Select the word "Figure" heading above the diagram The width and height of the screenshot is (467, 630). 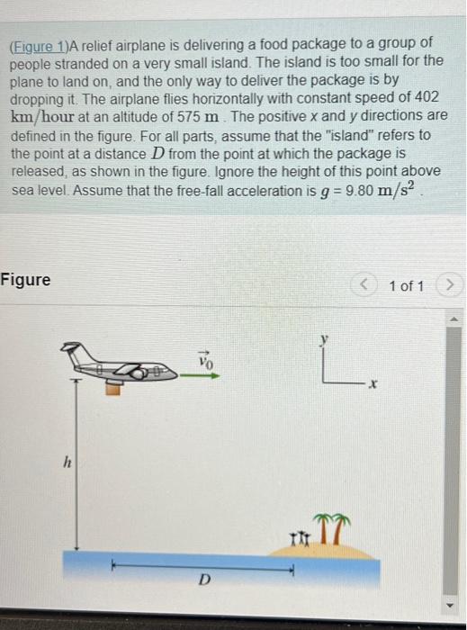point(26,280)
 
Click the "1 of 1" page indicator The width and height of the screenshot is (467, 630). point(407,286)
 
